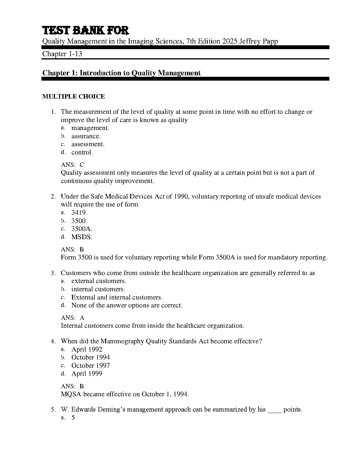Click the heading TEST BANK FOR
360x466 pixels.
pyautogui.click(x=86, y=31)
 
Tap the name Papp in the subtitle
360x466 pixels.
pyautogui.click(x=270, y=41)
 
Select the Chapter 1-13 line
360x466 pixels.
pyautogui.click(x=62, y=54)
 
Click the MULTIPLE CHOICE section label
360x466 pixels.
pyautogui.click(x=74, y=96)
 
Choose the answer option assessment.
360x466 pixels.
pyautogui.click(x=88, y=144)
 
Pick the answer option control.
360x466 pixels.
pyautogui.click(x=82, y=152)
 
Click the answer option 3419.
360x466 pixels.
pyautogui.click(x=79, y=213)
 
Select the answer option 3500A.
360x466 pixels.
pyautogui.click(x=82, y=229)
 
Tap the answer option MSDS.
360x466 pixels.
pyautogui.click(x=82, y=237)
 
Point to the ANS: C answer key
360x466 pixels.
pyautogui.click(x=72, y=165)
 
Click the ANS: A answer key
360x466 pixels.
pyautogui.click(x=72, y=318)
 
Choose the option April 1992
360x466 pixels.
pyautogui.click(x=87, y=349)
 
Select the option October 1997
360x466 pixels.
pyautogui.click(x=91, y=366)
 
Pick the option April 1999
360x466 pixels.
pyautogui.click(x=87, y=374)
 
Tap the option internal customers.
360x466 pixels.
pyautogui.click(x=98, y=289)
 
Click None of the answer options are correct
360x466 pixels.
pyautogui.click(x=127, y=305)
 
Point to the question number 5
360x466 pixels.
pyautogui.click(x=53, y=410)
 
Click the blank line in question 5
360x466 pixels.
pyautogui.click(x=274, y=410)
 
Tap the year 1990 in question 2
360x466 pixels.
pyautogui.click(x=181, y=197)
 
